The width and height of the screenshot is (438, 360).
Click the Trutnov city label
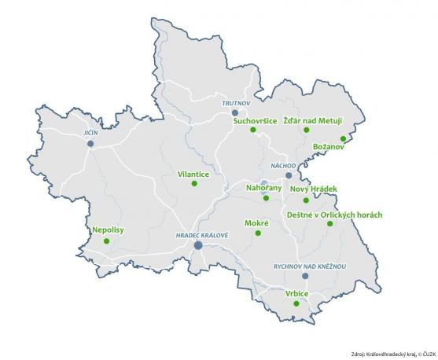click(234, 102)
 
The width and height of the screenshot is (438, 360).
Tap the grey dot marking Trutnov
click(234, 112)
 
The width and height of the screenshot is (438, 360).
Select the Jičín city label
click(91, 134)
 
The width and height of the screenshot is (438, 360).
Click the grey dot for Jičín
click(91, 144)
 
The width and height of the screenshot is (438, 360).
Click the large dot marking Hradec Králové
click(198, 245)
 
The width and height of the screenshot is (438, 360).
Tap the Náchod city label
click(282, 166)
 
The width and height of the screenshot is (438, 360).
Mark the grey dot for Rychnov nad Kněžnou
click(305, 276)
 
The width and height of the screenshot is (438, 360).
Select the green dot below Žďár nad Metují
click(306, 130)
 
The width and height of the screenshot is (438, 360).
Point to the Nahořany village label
click(263, 188)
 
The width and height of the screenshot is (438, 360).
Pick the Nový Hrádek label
click(313, 189)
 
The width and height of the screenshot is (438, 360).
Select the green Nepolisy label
click(108, 230)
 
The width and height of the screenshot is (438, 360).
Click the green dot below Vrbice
click(296, 303)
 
